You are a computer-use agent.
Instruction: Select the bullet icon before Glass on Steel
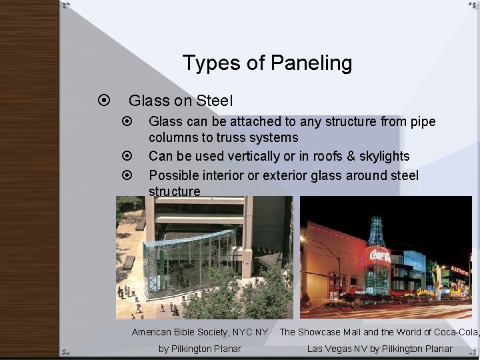pos(103,101)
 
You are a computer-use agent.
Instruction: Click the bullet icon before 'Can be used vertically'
pos(127,157)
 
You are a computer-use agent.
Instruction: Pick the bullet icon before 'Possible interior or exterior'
pos(127,175)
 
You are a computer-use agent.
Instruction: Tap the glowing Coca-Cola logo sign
pos(378,255)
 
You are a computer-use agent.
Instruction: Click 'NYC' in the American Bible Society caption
pos(243,332)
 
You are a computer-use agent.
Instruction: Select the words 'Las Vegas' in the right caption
pos(331,349)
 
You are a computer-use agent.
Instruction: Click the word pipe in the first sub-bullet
pos(423,121)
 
